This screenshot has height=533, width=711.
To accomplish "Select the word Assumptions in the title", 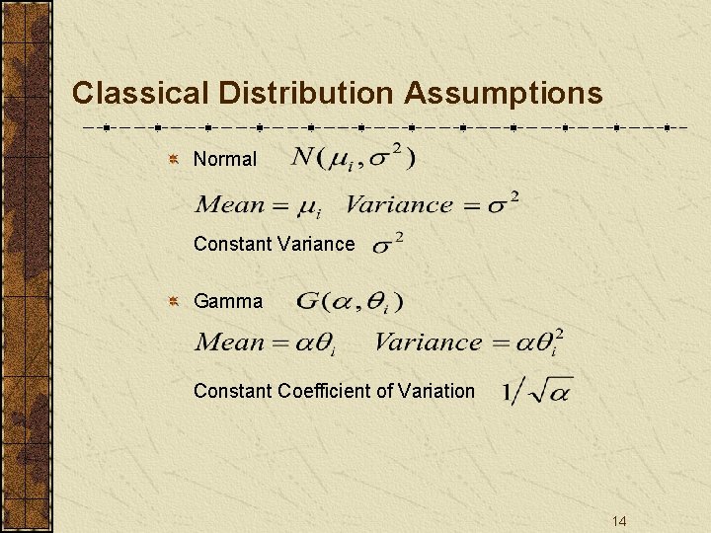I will [503, 93].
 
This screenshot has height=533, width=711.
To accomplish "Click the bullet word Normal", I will [225, 159].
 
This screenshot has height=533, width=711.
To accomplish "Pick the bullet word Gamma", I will [228, 301].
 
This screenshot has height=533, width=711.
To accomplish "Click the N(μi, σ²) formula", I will [354, 157].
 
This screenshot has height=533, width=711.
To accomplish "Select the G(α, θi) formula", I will [350, 301].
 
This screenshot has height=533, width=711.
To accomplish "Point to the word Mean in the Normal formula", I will [231, 205].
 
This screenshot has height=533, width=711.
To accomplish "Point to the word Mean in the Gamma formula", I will [231, 343].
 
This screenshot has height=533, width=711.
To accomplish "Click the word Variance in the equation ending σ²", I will [398, 205].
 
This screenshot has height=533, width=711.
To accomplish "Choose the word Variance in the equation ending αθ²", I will [428, 343].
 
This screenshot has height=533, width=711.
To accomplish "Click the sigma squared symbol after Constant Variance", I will [386, 243].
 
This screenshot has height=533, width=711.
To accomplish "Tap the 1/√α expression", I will [536, 391].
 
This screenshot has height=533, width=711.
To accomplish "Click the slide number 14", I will [619, 521].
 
